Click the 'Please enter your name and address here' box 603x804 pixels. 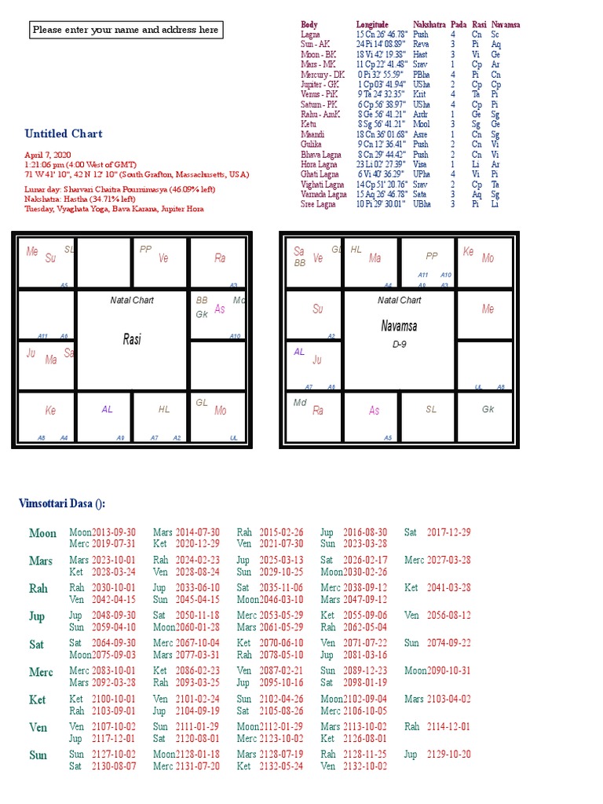tap(126, 30)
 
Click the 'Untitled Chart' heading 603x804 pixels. tap(64, 133)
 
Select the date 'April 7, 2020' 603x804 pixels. tap(48, 155)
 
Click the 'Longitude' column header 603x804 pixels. tap(372, 25)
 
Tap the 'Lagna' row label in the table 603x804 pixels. tap(310, 35)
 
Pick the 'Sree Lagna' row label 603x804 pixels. tap(318, 204)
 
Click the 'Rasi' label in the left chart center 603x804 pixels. tap(133, 339)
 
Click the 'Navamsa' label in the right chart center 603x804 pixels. tap(399, 326)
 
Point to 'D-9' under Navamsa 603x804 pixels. tap(399, 344)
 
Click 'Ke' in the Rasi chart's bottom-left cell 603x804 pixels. tap(51, 410)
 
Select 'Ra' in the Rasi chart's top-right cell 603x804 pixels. tap(220, 258)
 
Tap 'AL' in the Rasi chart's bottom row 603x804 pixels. tap(108, 409)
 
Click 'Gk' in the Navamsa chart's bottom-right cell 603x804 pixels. tap(488, 409)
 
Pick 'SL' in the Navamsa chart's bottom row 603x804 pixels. tap(431, 409)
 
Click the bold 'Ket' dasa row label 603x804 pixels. tap(37, 700)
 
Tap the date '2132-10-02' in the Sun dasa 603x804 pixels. tap(364, 766)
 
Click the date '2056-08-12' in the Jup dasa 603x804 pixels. tap(448, 616)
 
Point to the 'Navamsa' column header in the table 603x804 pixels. tap(506, 25)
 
